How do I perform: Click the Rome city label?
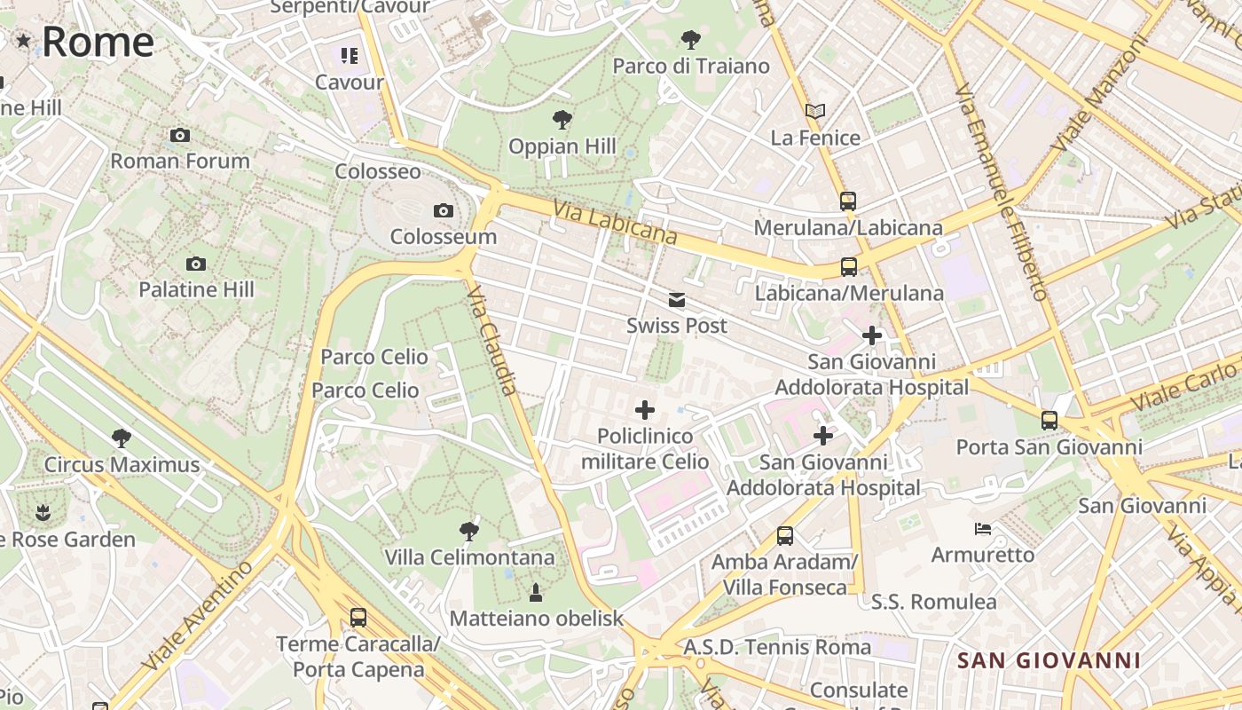click(98, 42)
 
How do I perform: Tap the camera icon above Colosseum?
click(443, 210)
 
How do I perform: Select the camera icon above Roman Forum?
click(180, 135)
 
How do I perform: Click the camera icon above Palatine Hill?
click(196, 264)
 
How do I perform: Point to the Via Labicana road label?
click(615, 223)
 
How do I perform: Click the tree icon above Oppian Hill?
click(562, 119)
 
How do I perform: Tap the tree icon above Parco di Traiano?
click(690, 39)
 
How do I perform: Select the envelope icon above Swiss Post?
click(677, 299)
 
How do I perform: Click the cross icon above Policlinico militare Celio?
click(645, 410)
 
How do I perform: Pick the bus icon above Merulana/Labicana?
click(848, 201)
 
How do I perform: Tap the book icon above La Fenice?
click(815, 111)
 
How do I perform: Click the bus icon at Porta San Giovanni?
click(1049, 420)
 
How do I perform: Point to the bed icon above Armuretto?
click(983, 529)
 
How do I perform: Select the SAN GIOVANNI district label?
click(1049, 660)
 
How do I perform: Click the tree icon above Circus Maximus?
click(122, 438)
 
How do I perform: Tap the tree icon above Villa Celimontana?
click(469, 532)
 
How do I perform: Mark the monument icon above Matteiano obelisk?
click(536, 592)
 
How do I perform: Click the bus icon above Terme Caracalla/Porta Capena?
click(358, 618)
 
